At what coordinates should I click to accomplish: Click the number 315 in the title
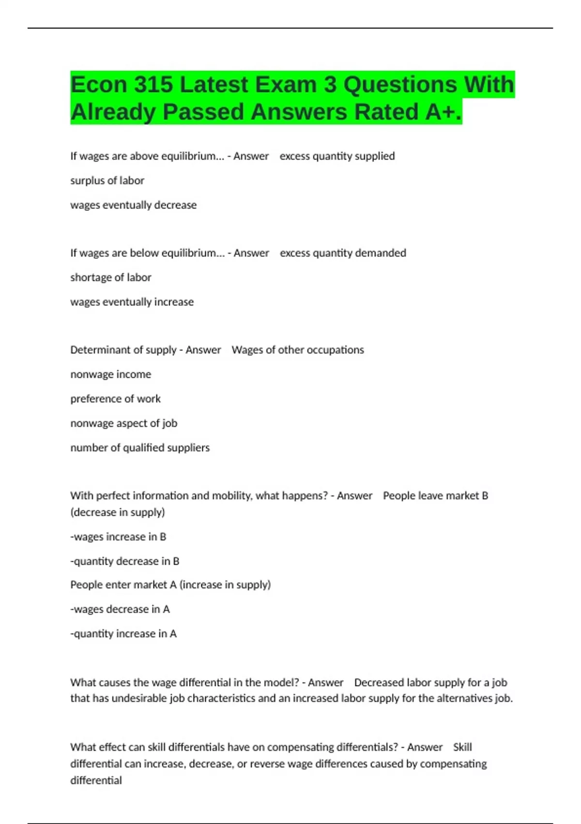coord(153,85)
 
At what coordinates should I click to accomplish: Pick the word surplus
coord(87,180)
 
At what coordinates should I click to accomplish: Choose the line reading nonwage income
coord(110,374)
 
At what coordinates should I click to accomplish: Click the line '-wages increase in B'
coord(118,537)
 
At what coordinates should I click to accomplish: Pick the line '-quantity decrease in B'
coord(124,561)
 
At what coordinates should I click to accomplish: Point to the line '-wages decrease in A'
coord(120,609)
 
